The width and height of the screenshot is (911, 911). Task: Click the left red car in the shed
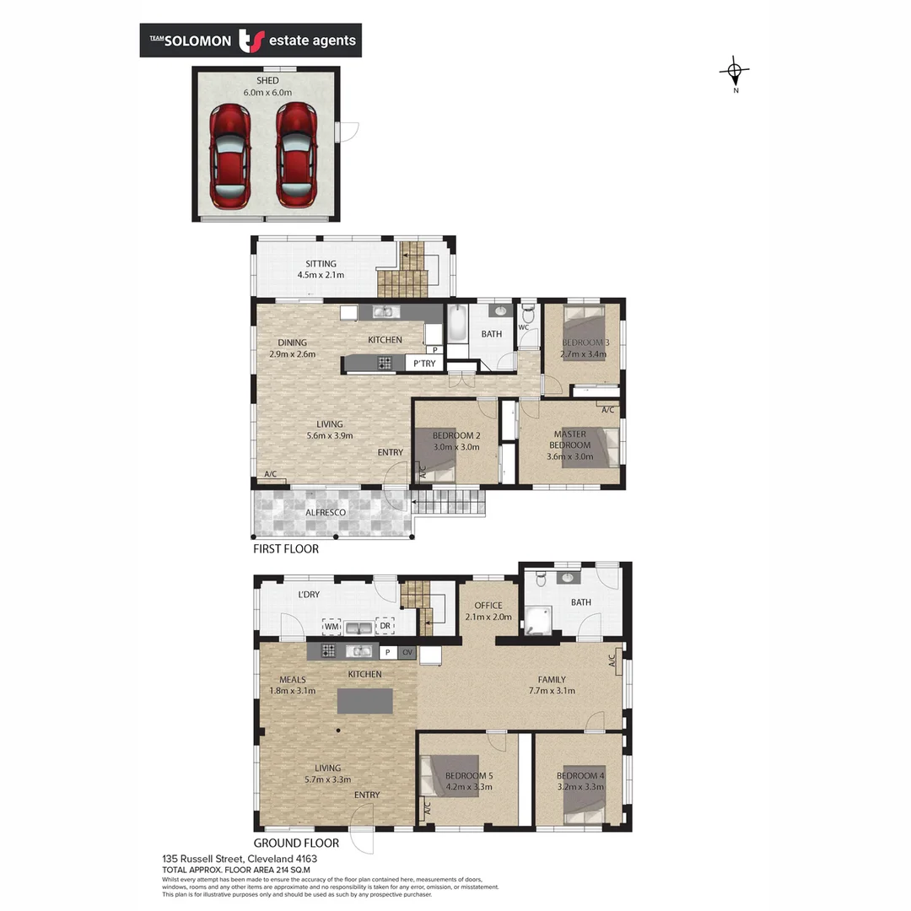(x=230, y=156)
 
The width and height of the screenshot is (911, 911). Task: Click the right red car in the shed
(x=296, y=156)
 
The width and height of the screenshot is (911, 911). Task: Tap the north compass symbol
(x=735, y=72)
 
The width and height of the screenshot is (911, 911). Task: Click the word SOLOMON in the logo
(x=197, y=40)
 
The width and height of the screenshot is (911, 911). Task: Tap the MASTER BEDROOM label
(x=569, y=439)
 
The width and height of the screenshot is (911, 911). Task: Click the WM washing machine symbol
(x=332, y=627)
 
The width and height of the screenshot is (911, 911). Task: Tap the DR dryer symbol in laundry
(x=385, y=627)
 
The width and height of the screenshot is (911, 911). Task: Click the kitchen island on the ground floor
(x=365, y=701)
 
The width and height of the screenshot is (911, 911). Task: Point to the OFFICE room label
(x=488, y=606)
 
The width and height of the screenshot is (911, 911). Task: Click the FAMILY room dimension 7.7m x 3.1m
(x=553, y=691)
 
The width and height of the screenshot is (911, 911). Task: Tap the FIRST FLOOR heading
(x=286, y=548)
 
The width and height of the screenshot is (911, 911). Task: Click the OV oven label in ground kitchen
(x=407, y=652)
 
